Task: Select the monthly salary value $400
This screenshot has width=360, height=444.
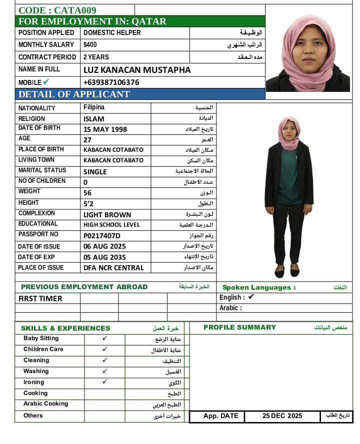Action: point(90,45)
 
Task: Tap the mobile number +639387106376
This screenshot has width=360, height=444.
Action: point(111,82)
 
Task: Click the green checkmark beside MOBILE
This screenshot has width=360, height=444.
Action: point(46,82)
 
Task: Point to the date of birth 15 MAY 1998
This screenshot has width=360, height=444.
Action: point(105,129)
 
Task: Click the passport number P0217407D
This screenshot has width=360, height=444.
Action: point(102,236)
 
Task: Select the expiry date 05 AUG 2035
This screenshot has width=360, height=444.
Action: point(104,257)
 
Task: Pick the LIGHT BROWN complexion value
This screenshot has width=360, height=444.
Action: point(107,215)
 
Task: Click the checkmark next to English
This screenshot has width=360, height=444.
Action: point(251,297)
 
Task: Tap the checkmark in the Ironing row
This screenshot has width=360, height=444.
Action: point(104,382)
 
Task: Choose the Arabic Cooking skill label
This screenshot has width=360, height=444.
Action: point(45,404)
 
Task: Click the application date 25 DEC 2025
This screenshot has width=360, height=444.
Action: point(282,416)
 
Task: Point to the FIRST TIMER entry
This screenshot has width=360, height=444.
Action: point(40,299)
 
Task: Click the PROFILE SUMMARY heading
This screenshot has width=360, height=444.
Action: point(239,328)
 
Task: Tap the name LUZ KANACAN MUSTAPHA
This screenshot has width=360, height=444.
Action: point(137,70)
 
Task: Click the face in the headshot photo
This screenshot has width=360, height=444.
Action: point(308,47)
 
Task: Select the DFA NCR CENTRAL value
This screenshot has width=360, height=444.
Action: point(113,268)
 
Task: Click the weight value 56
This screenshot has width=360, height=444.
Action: point(88,193)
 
